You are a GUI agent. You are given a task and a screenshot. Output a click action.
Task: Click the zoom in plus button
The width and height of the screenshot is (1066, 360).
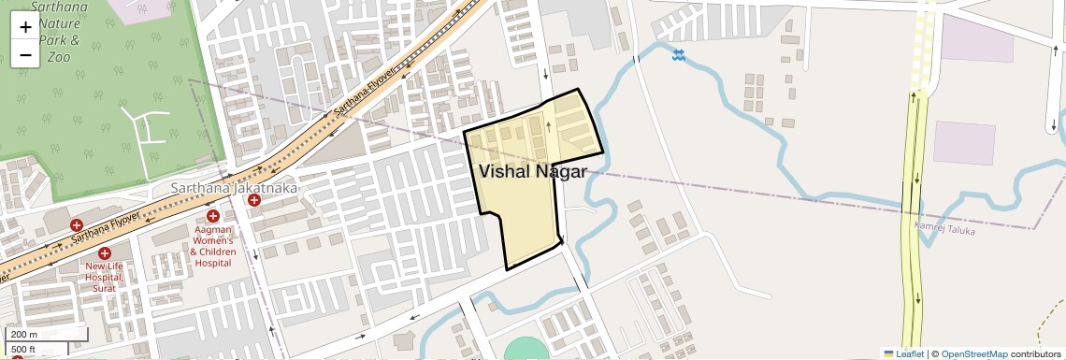[25, 27]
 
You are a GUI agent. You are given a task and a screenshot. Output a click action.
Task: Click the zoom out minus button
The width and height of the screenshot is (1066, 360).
[25, 55]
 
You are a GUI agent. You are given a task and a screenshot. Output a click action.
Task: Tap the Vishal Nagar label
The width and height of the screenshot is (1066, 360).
[532, 172]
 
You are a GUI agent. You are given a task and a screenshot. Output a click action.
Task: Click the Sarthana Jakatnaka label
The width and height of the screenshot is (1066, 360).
[234, 188]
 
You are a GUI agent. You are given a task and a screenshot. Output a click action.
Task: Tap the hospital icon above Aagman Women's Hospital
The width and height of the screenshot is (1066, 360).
[213, 217]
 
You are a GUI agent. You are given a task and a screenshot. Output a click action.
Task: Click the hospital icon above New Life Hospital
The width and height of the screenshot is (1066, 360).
[104, 253]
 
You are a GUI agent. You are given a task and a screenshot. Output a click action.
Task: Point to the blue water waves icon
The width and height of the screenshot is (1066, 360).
[679, 56]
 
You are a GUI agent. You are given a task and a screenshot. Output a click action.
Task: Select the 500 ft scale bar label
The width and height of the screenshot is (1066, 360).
[23, 350]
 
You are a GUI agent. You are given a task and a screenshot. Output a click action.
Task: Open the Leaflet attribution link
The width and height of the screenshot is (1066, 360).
[903, 353]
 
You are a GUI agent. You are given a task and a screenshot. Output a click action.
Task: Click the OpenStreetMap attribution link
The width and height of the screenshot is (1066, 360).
[974, 353]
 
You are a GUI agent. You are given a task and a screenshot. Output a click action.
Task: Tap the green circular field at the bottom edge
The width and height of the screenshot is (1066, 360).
[527, 350]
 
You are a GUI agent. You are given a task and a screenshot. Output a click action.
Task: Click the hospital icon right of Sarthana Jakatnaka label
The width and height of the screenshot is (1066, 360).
[254, 200]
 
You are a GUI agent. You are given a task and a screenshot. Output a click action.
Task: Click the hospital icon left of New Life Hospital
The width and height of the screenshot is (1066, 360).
[77, 225]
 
